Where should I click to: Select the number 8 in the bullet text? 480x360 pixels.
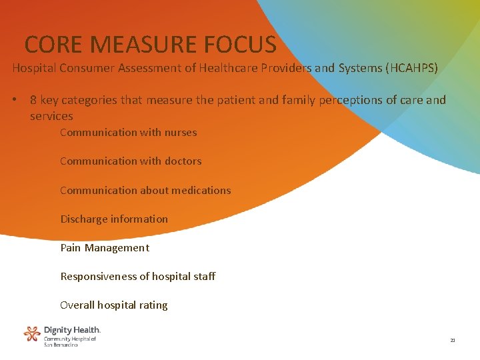(33, 100)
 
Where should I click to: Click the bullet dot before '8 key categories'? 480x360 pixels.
(13, 100)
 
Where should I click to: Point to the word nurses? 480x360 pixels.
(178, 132)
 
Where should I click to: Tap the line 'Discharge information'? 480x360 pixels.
(114, 219)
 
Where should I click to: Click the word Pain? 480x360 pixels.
(71, 247)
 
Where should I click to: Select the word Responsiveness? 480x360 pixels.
(99, 276)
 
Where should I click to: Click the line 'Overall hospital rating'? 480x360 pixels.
(114, 305)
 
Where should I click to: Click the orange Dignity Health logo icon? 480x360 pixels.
(32, 333)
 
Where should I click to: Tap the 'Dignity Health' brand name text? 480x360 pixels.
(72, 329)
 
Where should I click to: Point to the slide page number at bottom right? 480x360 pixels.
(453, 341)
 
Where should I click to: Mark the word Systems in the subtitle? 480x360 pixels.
(347, 68)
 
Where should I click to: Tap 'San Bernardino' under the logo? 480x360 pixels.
(61, 345)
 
